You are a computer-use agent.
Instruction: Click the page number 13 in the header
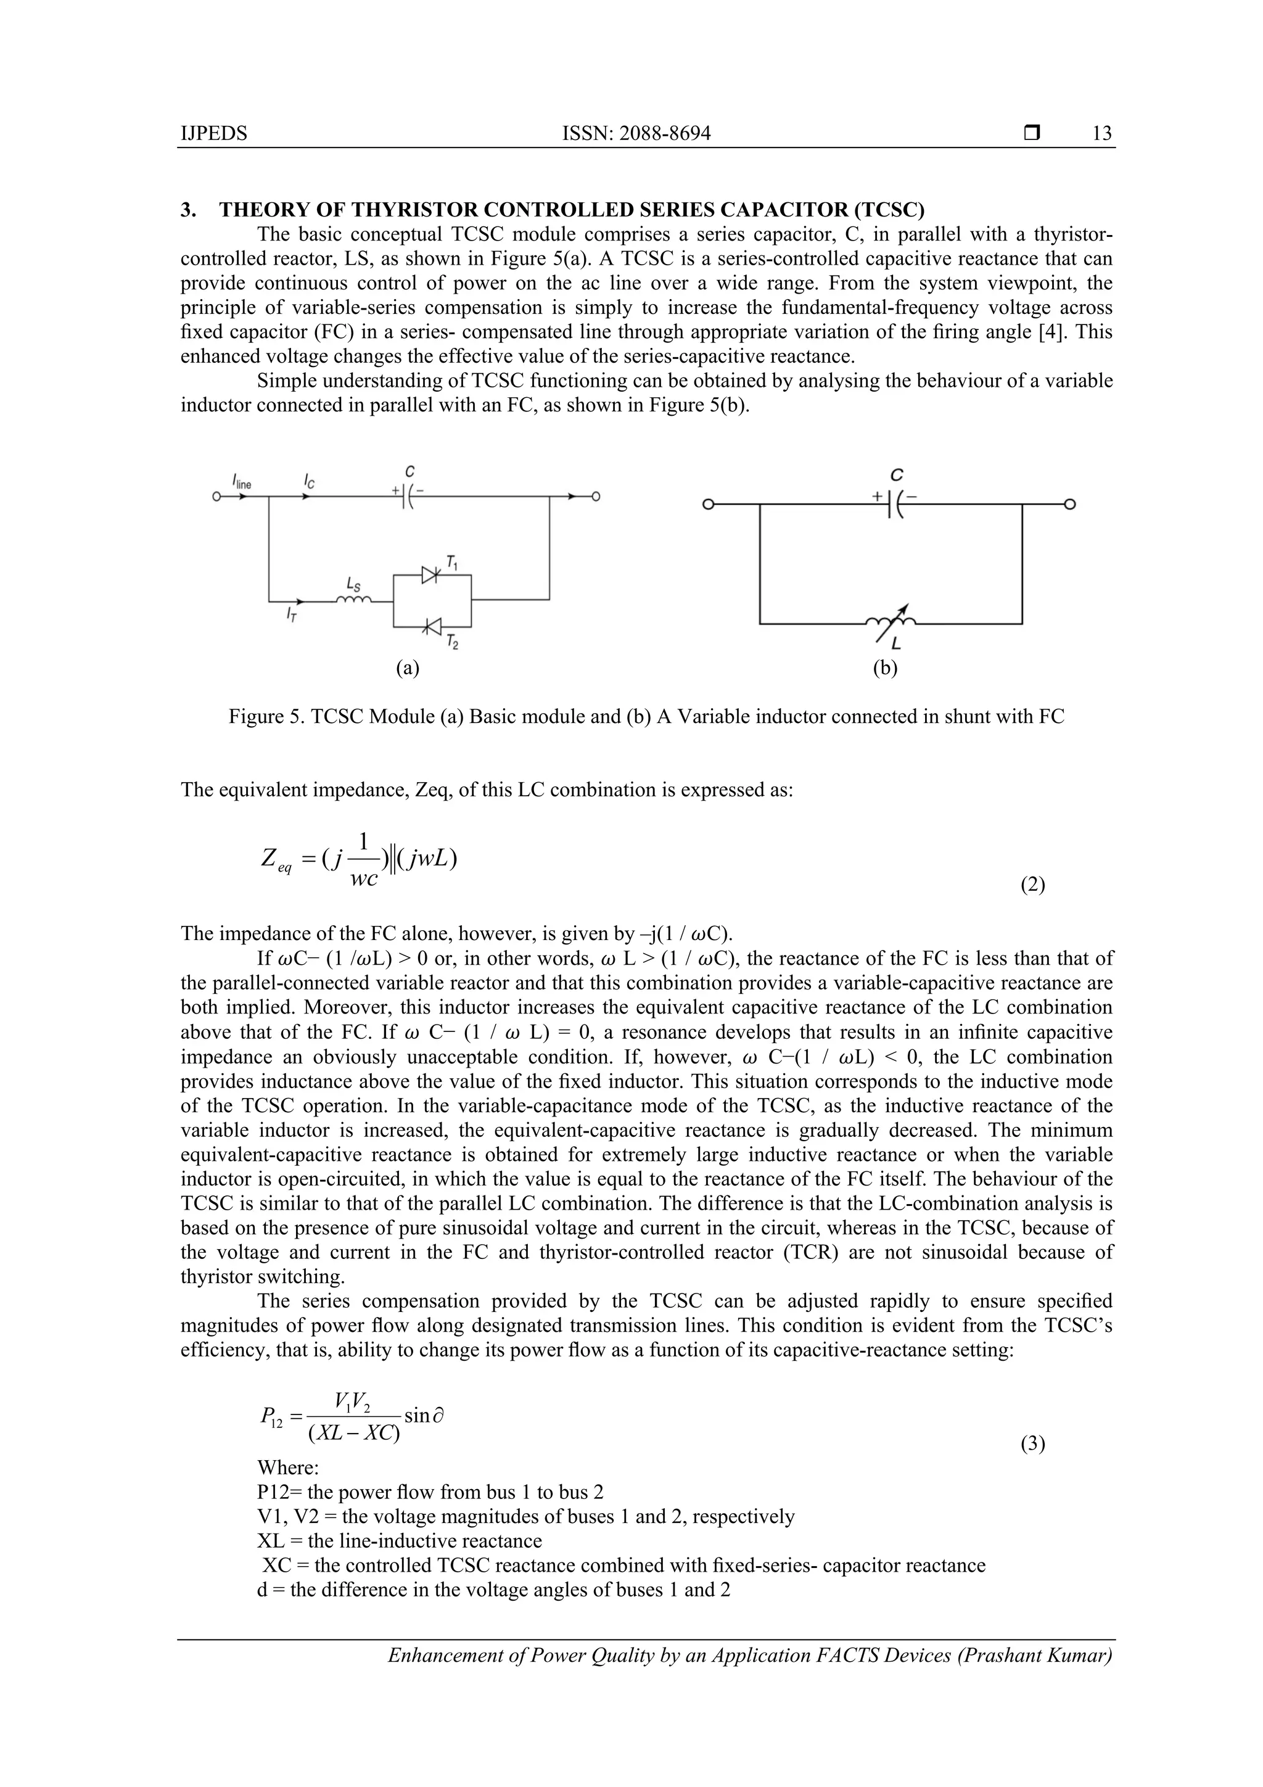click(1102, 134)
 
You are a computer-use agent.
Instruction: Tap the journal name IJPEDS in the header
click(213, 134)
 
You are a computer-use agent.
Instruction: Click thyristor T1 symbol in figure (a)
click(431, 575)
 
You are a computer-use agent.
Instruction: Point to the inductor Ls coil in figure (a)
click(353, 598)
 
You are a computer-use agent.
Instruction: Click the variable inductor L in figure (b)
click(891, 621)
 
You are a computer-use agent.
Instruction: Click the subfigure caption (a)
click(407, 668)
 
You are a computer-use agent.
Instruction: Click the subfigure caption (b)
click(885, 668)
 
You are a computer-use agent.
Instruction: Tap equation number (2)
click(1032, 885)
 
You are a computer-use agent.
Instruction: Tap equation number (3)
click(1032, 1445)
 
